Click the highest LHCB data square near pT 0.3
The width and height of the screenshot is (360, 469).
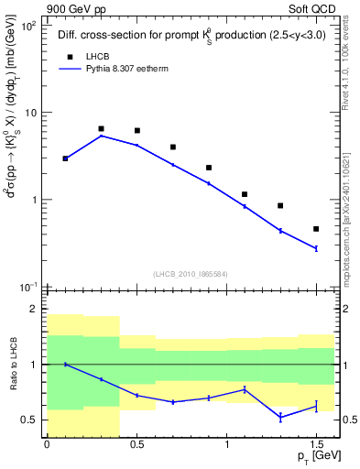(x=101, y=129)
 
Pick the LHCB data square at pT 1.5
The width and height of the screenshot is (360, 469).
(x=316, y=229)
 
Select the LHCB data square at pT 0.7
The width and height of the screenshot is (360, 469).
(x=172, y=147)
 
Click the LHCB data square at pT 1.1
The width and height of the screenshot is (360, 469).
(x=245, y=194)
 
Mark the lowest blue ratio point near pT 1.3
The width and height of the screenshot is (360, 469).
(x=280, y=417)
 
